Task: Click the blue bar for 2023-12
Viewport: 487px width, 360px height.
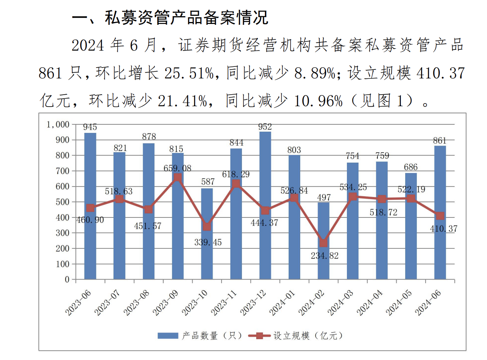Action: [265, 205]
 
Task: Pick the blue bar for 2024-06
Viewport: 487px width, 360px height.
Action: [440, 212]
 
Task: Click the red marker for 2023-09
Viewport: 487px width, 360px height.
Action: [177, 177]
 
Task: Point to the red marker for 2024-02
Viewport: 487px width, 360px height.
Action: [323, 243]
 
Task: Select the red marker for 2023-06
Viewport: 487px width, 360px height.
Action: [90, 208]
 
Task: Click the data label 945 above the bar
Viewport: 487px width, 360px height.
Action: [90, 127]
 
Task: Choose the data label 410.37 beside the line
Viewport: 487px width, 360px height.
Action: [443, 229]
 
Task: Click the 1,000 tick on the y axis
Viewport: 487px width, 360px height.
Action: [58, 124]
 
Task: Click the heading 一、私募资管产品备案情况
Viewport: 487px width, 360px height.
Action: [170, 18]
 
